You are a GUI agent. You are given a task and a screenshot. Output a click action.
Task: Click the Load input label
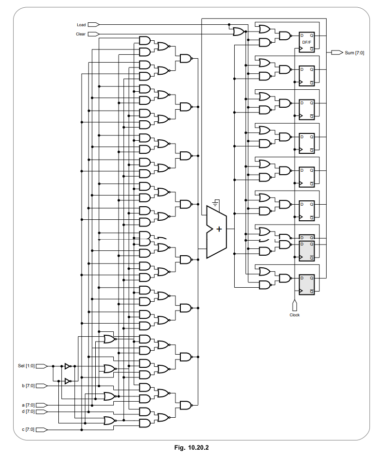coord(81,24)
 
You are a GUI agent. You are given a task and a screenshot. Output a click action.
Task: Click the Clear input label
coord(81,34)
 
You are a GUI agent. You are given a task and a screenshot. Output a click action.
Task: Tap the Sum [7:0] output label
coord(354,52)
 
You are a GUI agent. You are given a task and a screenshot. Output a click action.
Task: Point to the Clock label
coord(295,315)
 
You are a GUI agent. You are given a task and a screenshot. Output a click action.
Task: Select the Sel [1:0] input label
coord(26,366)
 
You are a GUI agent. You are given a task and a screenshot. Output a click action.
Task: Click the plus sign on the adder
coord(219,229)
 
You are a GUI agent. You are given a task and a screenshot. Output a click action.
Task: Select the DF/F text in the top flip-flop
coord(307,42)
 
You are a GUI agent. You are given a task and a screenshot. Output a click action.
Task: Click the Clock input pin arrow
coord(295,306)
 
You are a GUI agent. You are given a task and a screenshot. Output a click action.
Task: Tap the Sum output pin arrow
coord(337,52)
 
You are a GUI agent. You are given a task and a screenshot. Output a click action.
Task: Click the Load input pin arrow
coord(94,24)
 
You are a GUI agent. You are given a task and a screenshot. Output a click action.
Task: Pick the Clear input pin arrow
coord(94,34)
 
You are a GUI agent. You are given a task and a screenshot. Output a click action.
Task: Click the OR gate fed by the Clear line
coord(239,32)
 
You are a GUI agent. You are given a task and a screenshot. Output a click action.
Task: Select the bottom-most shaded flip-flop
coord(307,284)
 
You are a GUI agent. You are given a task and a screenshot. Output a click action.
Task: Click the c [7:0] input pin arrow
coord(42,429)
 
